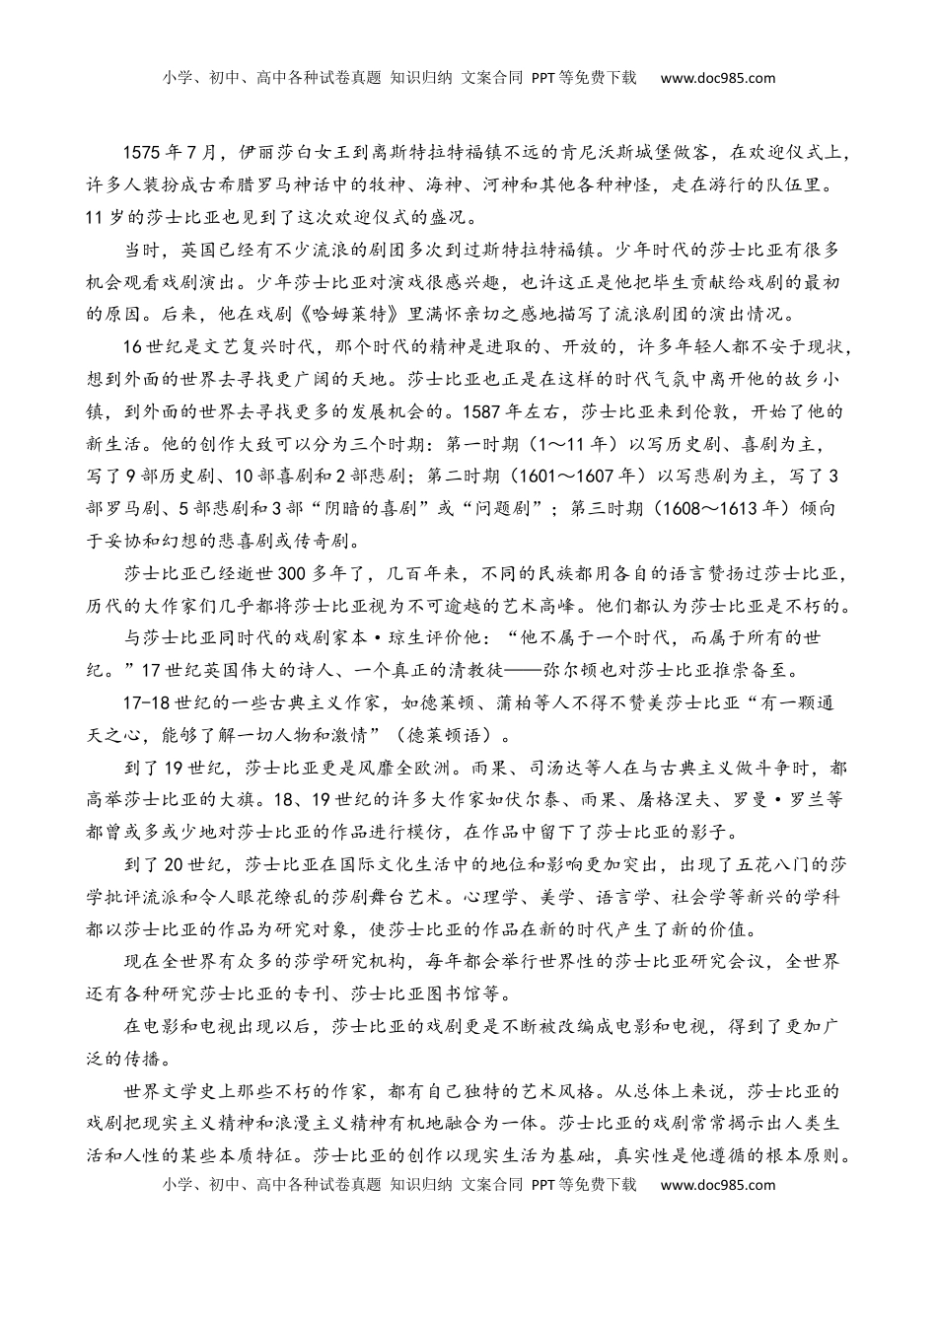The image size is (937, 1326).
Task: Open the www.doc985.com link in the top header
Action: pos(717,78)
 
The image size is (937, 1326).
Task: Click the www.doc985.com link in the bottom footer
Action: pos(717,1184)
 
